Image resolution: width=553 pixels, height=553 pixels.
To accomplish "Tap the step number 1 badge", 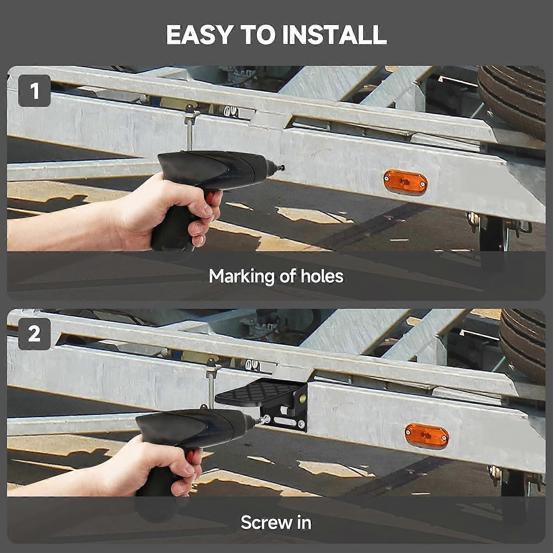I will [34, 91].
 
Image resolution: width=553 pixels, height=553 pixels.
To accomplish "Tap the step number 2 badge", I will [34, 334].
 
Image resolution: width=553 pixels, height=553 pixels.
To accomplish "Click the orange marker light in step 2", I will [427, 435].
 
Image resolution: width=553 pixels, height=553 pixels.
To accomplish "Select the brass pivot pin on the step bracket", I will [302, 397].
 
